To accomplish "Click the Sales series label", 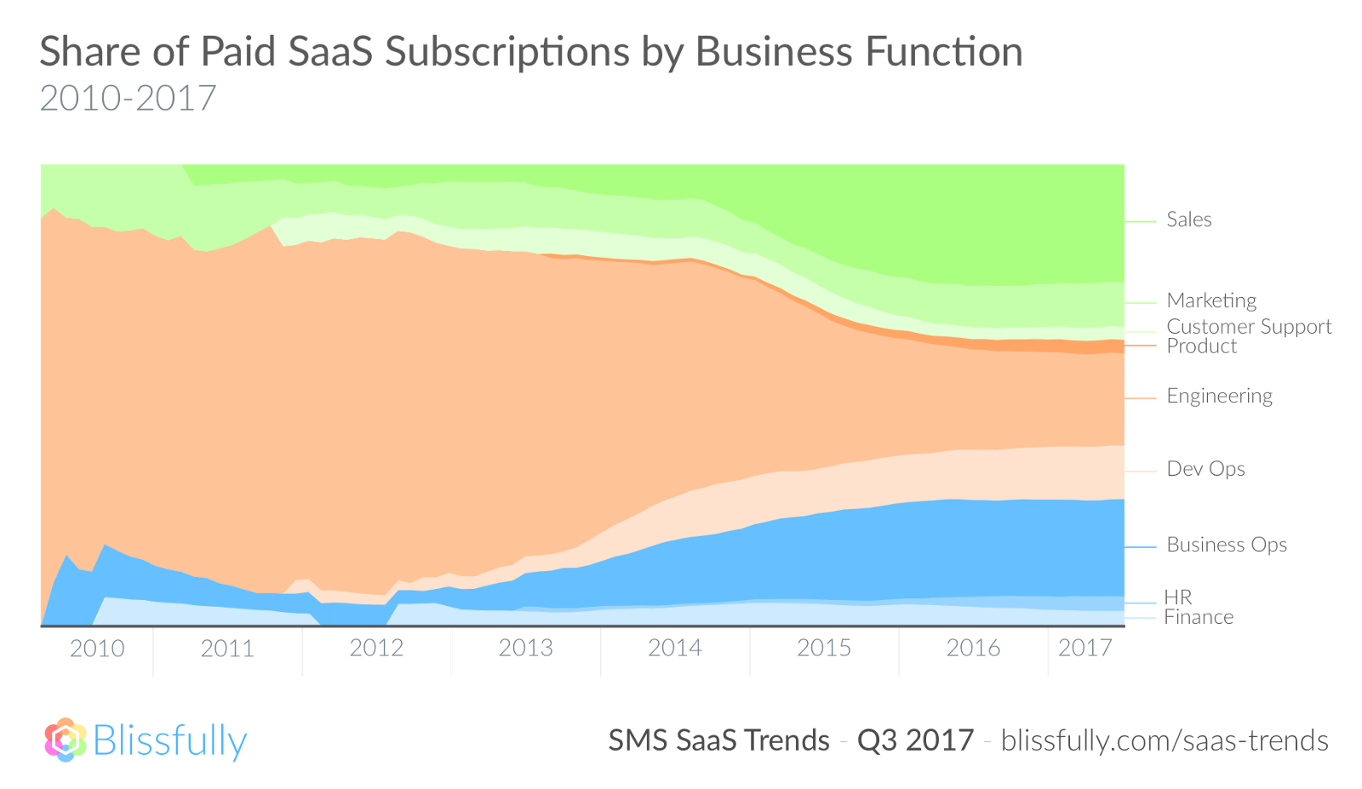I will pyautogui.click(x=1188, y=220).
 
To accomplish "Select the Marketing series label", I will pyautogui.click(x=1210, y=300).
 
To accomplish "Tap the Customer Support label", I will pyautogui.click(x=1248, y=326).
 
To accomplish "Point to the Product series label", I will pyautogui.click(x=1201, y=346).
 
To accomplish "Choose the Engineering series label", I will pyautogui.click(x=1219, y=396).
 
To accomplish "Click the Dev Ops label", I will pyautogui.click(x=1205, y=469).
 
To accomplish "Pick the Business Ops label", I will pyautogui.click(x=1226, y=545).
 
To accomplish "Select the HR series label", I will pyautogui.click(x=1178, y=597).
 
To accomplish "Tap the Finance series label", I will pyautogui.click(x=1199, y=617).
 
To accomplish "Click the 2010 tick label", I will pyautogui.click(x=97, y=649).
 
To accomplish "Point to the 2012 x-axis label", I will pyautogui.click(x=376, y=649).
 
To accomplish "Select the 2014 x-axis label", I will pyautogui.click(x=674, y=649).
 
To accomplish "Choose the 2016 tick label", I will pyautogui.click(x=973, y=649).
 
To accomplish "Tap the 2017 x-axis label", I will pyautogui.click(x=1084, y=649).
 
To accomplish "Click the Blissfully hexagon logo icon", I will pyautogui.click(x=66, y=740).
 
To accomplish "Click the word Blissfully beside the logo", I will pyautogui.click(x=170, y=740).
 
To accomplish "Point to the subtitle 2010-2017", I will pyautogui.click(x=128, y=99).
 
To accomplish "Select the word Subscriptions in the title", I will pyautogui.click(x=506, y=53).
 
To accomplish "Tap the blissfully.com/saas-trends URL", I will pyautogui.click(x=1164, y=740).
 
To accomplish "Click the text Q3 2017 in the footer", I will pyautogui.click(x=915, y=740).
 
